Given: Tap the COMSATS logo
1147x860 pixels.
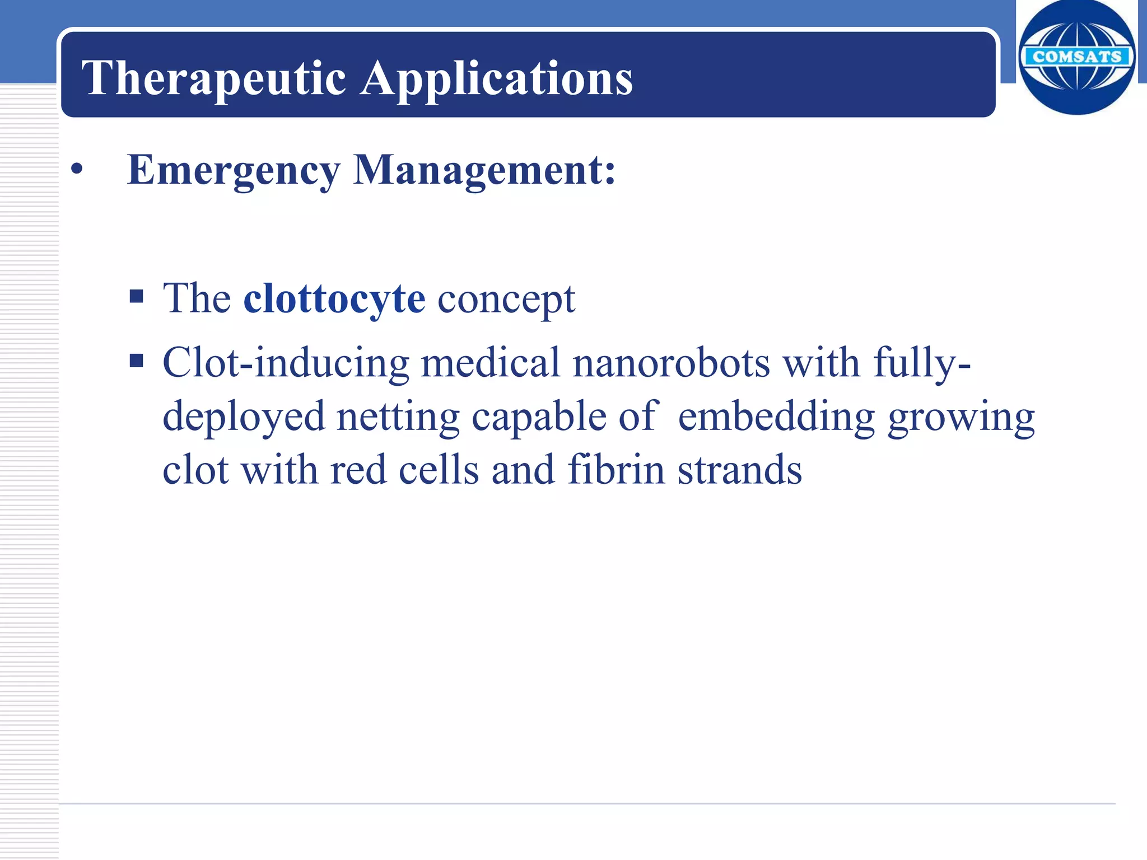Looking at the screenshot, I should [x=1076, y=57].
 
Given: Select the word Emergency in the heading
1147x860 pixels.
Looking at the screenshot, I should [x=234, y=170].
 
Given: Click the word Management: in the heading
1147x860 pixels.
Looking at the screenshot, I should [x=484, y=170].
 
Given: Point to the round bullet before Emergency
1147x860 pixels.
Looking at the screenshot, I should [x=77, y=170].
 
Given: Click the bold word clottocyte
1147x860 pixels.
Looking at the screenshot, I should [x=334, y=298].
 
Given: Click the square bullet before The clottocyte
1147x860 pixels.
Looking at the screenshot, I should [x=136, y=296].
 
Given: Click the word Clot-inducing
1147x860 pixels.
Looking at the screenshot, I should [x=286, y=363].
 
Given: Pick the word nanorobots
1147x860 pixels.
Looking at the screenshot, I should [x=671, y=363].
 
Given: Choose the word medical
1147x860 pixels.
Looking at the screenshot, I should [x=490, y=363].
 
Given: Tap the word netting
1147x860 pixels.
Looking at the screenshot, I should [x=398, y=417].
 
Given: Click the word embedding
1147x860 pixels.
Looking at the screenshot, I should [x=776, y=417].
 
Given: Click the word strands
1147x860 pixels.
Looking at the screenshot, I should [x=740, y=469].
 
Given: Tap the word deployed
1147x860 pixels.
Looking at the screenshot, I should [x=244, y=417].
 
